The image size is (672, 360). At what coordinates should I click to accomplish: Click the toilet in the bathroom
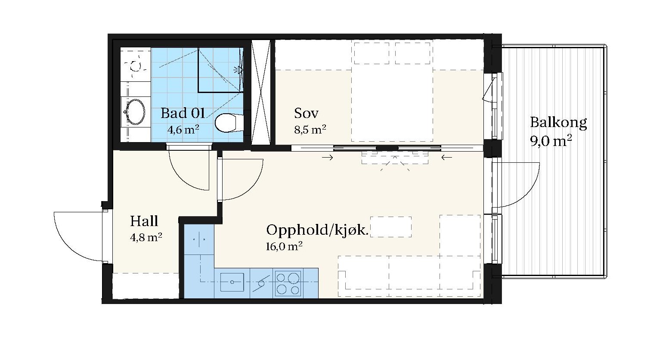point(229,123)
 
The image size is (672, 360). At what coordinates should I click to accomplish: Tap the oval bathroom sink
point(135,112)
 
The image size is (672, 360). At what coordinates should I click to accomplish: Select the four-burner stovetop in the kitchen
point(288,283)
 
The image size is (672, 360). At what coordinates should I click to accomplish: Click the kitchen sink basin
point(232,282)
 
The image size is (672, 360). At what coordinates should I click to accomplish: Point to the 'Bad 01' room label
point(183,113)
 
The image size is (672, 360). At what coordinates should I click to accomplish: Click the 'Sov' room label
point(306,113)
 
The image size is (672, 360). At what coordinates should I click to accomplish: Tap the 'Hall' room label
point(144,221)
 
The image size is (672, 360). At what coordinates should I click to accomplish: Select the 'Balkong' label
point(558,123)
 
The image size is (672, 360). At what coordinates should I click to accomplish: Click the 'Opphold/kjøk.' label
point(317,230)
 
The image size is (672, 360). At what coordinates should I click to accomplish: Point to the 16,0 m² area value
point(284,246)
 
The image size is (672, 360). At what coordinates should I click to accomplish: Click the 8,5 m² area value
point(310,130)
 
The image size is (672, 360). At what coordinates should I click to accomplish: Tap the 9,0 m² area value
point(551,141)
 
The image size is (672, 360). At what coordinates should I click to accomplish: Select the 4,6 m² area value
point(183,130)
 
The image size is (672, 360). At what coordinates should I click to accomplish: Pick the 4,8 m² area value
point(146,237)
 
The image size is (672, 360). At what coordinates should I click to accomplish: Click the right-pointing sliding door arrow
point(328,157)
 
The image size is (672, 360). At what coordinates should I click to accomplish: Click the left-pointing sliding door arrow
point(447,157)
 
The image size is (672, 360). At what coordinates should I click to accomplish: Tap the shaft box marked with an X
point(260,93)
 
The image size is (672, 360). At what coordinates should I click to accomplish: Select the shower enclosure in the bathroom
point(220,70)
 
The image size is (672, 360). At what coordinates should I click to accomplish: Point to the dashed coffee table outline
point(390,227)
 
